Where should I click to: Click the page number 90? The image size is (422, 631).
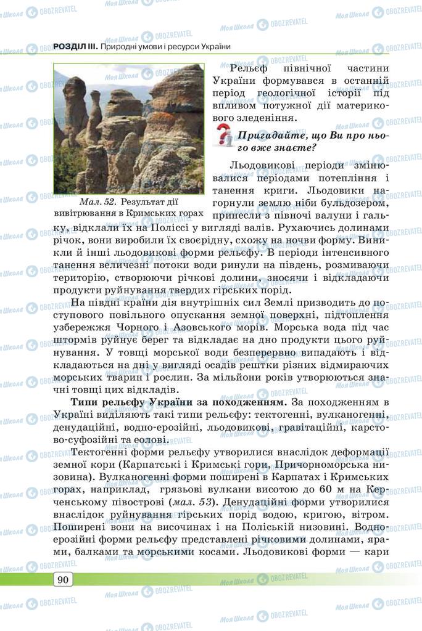pos(63,579)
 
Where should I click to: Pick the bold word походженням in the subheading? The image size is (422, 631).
pos(250,402)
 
